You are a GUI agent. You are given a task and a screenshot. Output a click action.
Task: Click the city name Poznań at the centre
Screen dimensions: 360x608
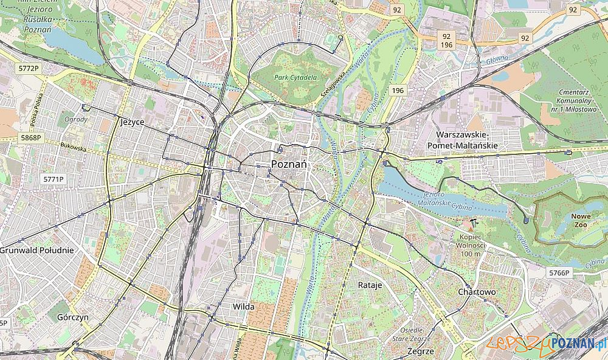[x=289, y=164]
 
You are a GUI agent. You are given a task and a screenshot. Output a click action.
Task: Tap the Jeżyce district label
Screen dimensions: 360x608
[x=133, y=122]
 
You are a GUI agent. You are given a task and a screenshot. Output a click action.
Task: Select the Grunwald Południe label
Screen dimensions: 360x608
[x=37, y=250]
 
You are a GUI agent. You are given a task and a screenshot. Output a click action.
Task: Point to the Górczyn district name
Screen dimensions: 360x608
[x=72, y=317]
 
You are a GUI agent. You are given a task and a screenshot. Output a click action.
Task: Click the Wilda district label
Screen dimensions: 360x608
[x=243, y=306]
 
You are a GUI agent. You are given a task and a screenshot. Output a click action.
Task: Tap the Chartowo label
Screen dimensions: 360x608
[x=477, y=292]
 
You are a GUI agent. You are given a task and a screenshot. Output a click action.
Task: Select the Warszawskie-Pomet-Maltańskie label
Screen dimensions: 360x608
[x=467, y=140]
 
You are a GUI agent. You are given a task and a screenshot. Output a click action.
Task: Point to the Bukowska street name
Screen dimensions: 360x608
[x=73, y=147]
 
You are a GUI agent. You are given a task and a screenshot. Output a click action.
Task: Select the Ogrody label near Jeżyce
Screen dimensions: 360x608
[x=77, y=119]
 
